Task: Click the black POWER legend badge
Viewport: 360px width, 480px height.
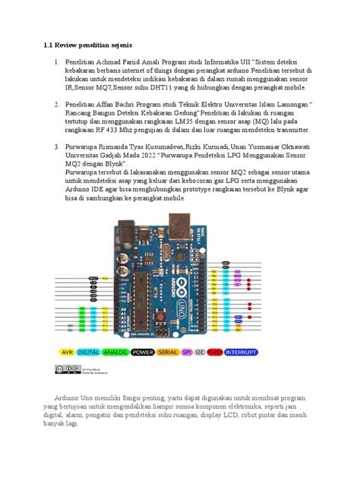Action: pyautogui.click(x=144, y=352)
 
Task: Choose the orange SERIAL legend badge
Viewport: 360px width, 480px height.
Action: pyautogui.click(x=169, y=352)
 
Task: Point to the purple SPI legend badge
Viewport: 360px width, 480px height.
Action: pyautogui.click(x=187, y=352)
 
